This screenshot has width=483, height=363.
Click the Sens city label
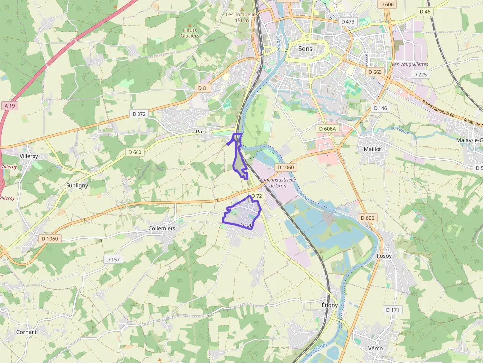305,49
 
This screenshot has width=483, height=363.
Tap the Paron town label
203,132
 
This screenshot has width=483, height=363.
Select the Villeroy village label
29,156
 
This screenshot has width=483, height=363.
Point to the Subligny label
77,185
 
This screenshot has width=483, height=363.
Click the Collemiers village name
162,229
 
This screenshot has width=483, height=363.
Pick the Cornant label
26,332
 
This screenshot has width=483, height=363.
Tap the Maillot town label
372,148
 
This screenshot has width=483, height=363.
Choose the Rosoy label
384,256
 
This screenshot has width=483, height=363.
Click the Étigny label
329,305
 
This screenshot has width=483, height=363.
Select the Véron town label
375,348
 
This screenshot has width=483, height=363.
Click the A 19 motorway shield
9,106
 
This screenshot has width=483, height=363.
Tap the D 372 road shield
139,114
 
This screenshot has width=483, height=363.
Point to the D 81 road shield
203,88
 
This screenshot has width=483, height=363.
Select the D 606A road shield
327,129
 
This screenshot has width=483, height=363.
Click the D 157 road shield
113,259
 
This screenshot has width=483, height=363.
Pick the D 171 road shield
393,310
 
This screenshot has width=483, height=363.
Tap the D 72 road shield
256,196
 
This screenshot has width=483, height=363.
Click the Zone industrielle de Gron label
278,183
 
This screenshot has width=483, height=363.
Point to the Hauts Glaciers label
190,33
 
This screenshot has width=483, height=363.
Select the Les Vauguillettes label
410,64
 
